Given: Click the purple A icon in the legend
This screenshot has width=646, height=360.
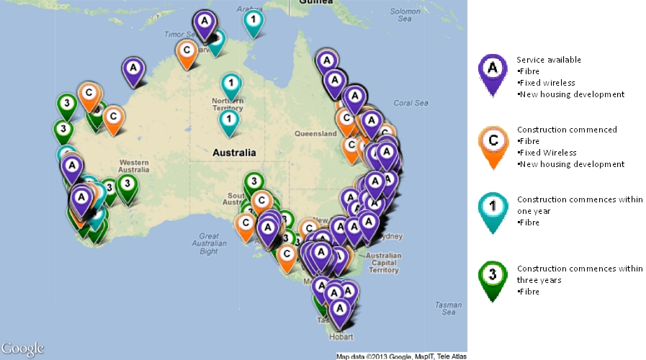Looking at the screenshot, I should click(493, 70).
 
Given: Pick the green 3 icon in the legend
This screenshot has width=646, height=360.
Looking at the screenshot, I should click(493, 277).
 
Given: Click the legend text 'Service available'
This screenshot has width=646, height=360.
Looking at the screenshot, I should click(549, 60).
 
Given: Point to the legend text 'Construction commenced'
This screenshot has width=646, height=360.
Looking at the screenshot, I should click(567, 130).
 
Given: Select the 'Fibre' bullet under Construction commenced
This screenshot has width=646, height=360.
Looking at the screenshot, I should click(529, 141).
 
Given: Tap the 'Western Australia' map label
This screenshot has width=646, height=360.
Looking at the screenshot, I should click(134, 165).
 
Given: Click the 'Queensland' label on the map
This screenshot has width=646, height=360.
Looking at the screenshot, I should click(316, 133).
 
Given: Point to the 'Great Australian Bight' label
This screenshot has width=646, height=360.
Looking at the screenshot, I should click(209, 243).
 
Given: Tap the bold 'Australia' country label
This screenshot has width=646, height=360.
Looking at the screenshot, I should click(234, 153).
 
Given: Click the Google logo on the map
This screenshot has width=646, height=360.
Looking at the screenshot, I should click(22, 348).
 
